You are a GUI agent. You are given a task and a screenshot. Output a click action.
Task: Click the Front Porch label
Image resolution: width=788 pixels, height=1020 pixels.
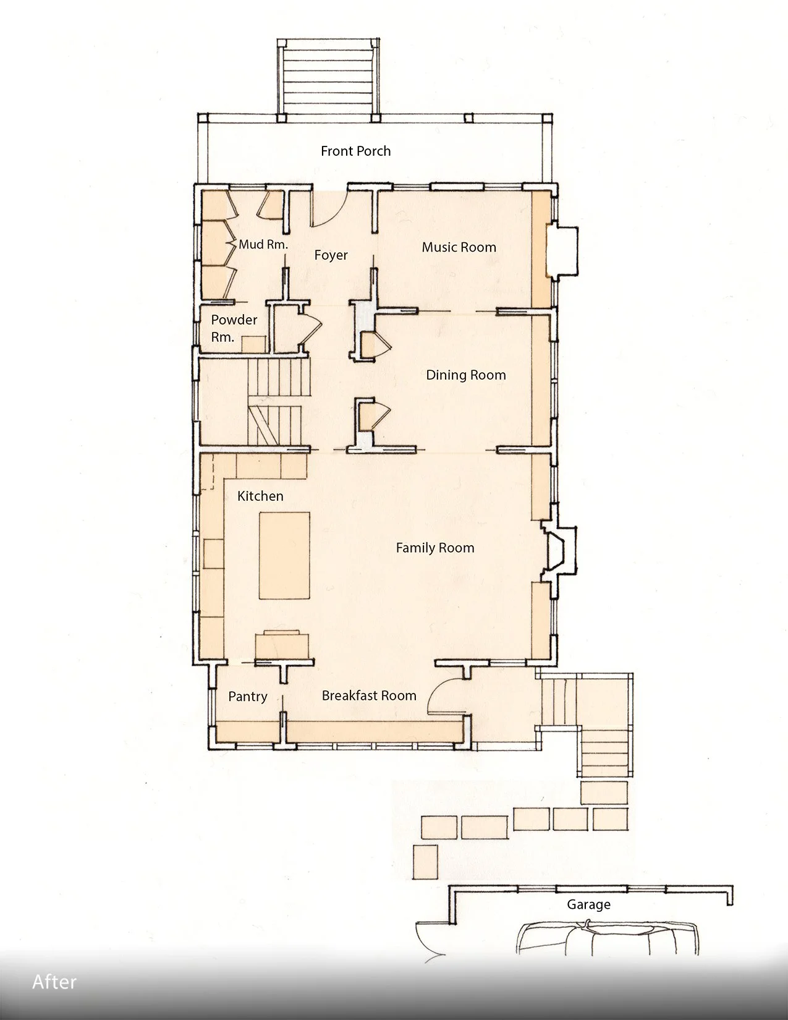(x=356, y=151)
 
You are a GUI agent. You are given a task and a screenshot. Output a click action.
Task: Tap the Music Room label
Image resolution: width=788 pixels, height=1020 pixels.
(x=459, y=247)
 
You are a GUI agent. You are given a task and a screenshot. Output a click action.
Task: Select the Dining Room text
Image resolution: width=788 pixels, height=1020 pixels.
(x=466, y=375)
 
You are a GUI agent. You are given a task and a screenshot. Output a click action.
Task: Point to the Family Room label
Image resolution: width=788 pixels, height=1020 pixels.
(x=435, y=548)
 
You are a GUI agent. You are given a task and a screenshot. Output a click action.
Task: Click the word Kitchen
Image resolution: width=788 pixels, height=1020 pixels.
(x=260, y=496)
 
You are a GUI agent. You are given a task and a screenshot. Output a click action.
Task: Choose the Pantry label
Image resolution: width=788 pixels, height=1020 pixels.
(x=248, y=697)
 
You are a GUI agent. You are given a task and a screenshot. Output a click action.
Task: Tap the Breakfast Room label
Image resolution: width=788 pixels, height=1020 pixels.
(x=369, y=695)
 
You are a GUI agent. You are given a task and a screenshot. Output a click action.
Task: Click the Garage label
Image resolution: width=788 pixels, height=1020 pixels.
(x=588, y=904)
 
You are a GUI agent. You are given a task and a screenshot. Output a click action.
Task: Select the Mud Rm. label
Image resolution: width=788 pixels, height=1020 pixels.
(x=263, y=244)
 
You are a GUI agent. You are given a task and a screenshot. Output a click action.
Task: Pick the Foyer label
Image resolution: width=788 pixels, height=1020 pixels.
(x=331, y=255)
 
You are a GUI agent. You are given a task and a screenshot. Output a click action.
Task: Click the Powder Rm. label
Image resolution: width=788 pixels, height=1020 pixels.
(x=234, y=328)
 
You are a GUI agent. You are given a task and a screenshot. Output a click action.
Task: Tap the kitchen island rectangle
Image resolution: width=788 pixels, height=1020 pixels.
(x=284, y=555)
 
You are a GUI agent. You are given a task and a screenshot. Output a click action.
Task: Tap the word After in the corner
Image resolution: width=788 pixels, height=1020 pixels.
(x=54, y=982)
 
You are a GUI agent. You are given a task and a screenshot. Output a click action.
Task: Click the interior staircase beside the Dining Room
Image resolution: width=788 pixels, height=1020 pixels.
(x=279, y=402)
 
